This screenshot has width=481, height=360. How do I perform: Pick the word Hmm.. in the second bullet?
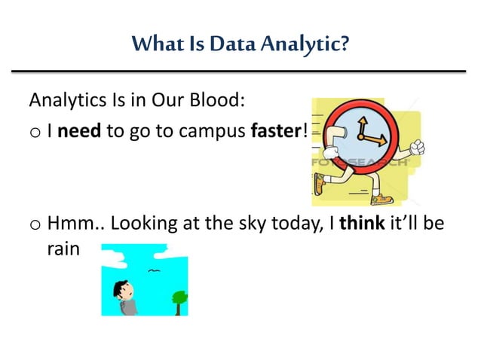pos(72,223)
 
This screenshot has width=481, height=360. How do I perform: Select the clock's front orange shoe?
pos(382,198)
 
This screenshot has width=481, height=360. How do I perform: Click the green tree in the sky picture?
pos(178,299)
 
